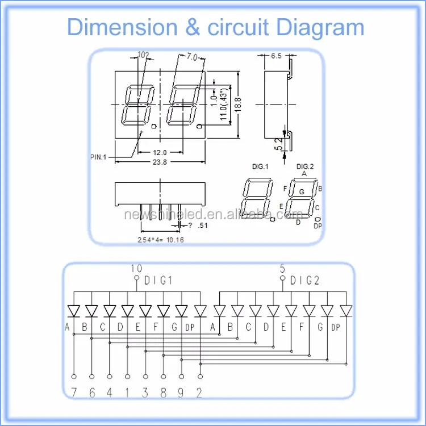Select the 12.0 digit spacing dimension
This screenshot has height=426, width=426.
[160, 152]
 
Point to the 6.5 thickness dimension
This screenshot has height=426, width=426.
[276, 56]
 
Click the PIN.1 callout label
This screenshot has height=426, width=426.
[98, 157]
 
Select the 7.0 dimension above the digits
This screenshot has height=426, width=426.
[191, 56]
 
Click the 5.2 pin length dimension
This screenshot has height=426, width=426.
[278, 144]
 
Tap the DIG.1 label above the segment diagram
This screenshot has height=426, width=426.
[260, 166]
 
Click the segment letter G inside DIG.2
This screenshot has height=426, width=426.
[302, 191]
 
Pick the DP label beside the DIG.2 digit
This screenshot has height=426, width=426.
[318, 226]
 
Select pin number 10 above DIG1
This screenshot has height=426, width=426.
[137, 269]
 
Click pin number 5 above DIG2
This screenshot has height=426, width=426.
[282, 269]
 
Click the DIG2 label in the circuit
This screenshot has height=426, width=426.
[305, 280]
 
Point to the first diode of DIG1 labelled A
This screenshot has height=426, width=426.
[74, 311]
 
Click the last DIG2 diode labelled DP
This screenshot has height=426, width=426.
[345, 311]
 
